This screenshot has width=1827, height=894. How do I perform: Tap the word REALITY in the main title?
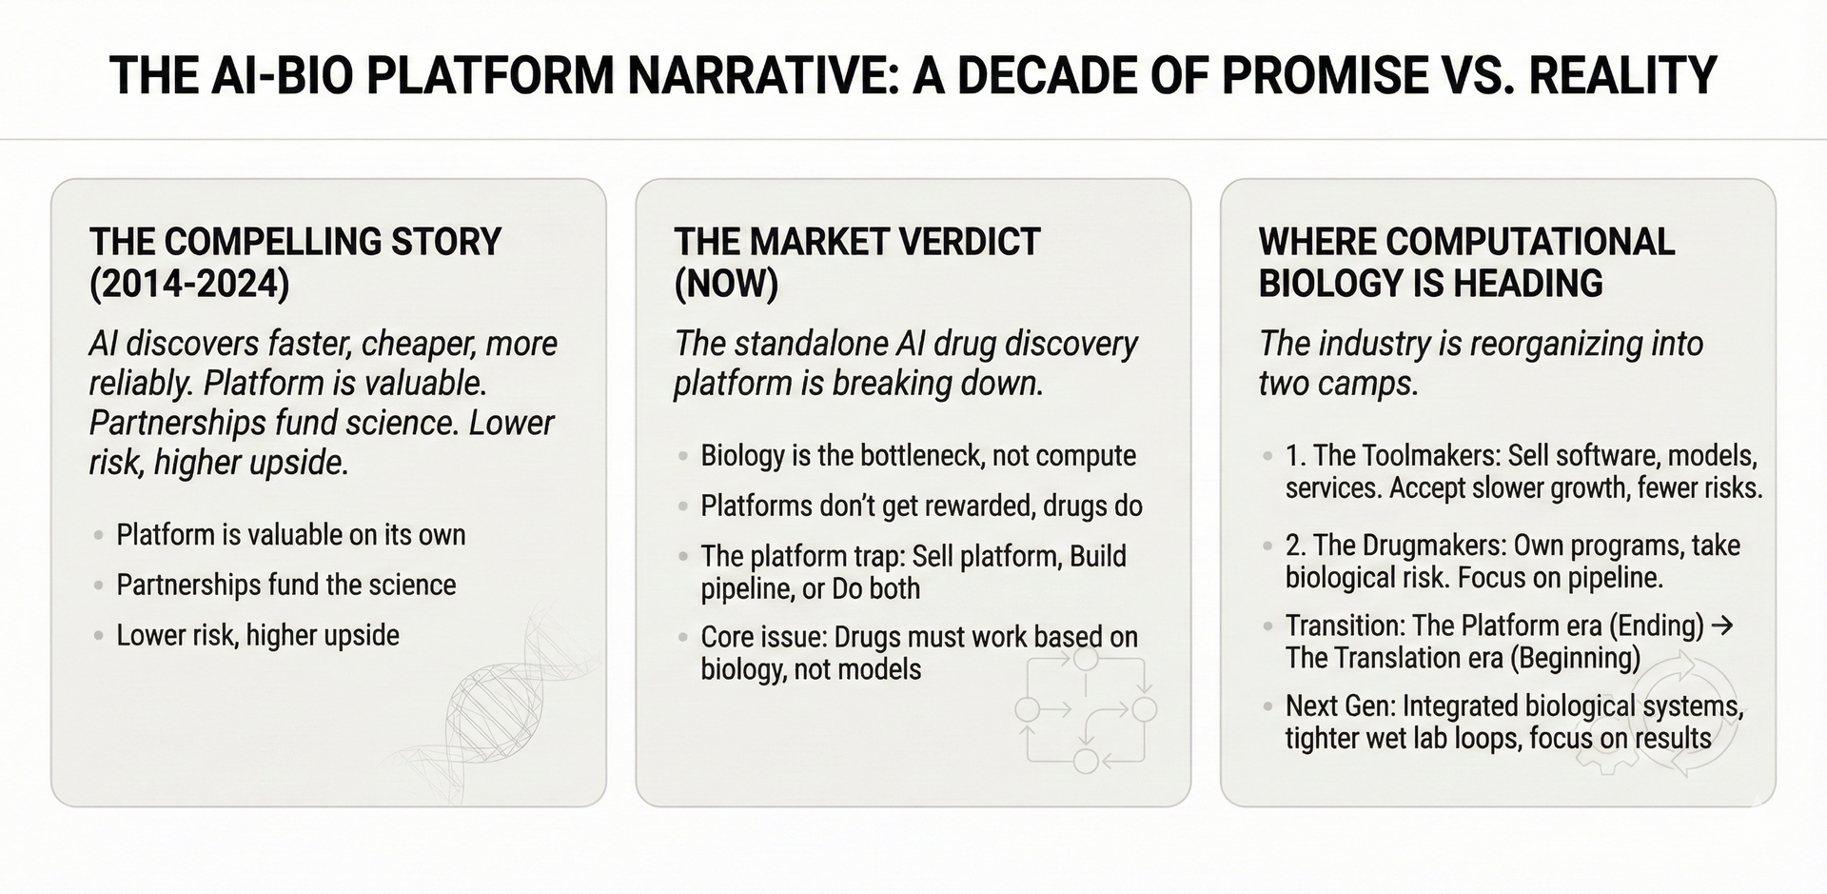[1622, 75]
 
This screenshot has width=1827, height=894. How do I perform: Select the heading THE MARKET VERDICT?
[856, 242]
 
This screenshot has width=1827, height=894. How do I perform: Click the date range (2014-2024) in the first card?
[189, 284]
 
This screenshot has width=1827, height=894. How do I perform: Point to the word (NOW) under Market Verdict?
[726, 284]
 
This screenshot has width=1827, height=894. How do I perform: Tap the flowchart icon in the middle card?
[1086, 709]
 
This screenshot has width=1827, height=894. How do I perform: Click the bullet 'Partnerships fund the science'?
[285, 585]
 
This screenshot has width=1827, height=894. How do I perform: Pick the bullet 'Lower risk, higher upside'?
[258, 635]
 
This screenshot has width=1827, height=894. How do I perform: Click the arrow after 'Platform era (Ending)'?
[1721, 626]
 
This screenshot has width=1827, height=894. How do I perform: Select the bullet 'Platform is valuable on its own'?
[290, 534]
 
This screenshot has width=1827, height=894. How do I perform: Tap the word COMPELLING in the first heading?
[260, 242]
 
